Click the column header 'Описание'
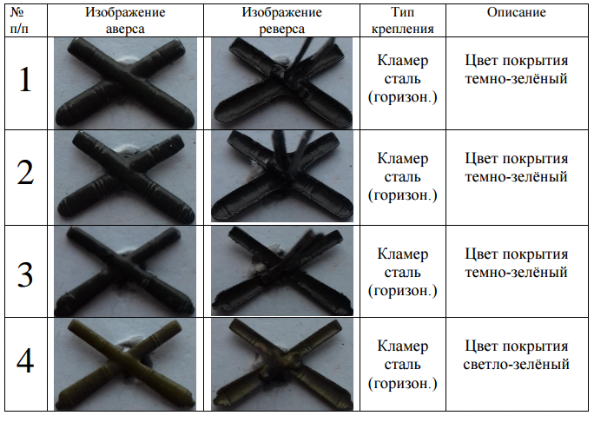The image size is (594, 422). (517, 12)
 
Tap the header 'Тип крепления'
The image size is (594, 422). (402, 21)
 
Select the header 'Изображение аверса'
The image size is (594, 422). (125, 21)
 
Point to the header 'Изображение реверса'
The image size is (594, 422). (281, 21)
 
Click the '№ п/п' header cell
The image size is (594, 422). (19, 21)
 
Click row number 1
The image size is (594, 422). (25, 80)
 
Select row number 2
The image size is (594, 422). (25, 173)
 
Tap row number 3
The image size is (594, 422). (25, 274)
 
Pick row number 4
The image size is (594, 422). (25, 361)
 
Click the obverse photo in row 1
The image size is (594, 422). (125, 83)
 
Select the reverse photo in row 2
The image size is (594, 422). (282, 176)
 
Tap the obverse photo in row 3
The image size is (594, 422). (125, 271)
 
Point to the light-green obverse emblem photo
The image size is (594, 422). (125, 365)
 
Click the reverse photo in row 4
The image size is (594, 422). (282, 365)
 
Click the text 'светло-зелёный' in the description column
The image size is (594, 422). (517, 364)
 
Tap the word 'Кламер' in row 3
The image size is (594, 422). (403, 254)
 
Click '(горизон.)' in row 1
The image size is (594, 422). (403, 97)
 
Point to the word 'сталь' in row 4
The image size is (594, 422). (403, 365)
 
